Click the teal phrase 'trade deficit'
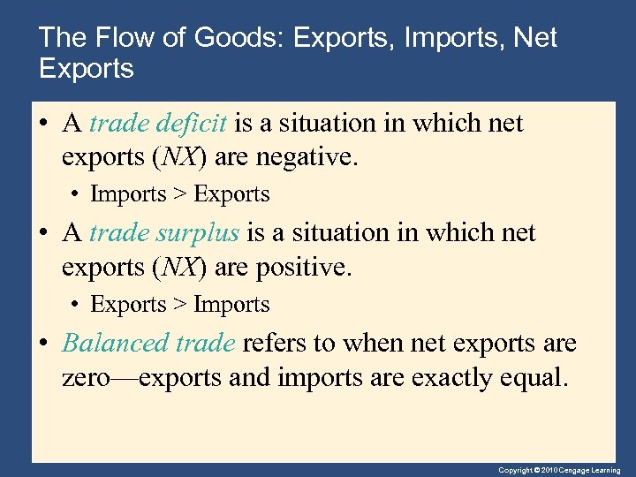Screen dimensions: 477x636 [158, 124]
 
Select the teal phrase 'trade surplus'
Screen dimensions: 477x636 [164, 233]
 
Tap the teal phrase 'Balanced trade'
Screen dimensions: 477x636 [148, 343]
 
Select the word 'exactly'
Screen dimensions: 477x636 [454, 378]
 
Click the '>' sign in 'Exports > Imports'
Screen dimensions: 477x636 [179, 305]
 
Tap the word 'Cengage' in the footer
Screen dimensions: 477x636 [582, 471]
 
